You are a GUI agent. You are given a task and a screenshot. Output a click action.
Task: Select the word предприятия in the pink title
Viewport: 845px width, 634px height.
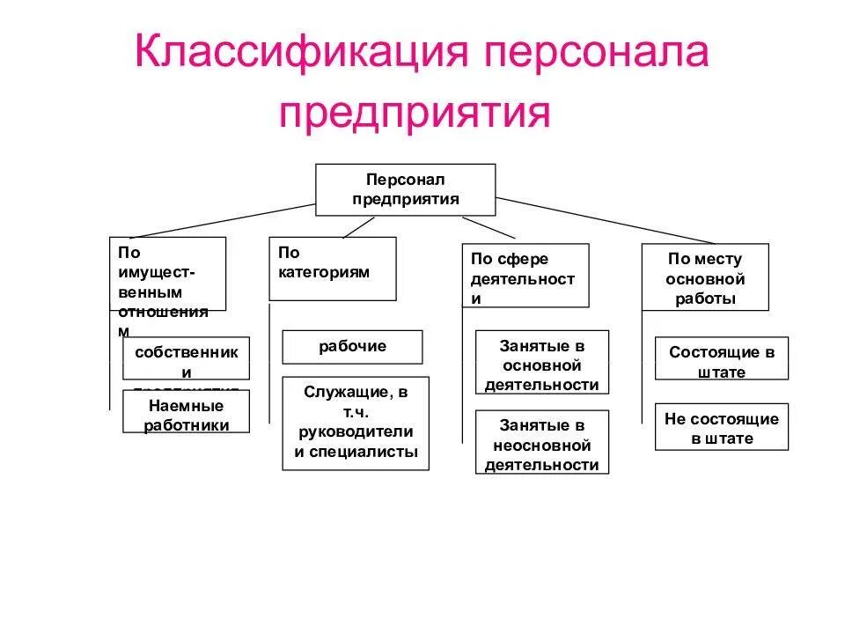[415, 112]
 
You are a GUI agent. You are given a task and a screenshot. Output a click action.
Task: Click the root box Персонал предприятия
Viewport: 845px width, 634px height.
[406, 188]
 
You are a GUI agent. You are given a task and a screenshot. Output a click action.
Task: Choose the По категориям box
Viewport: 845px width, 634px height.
[332, 268]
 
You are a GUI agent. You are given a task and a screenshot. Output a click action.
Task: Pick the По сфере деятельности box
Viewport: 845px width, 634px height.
[525, 276]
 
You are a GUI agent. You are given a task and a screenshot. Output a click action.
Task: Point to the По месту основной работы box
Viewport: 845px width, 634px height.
[704, 277]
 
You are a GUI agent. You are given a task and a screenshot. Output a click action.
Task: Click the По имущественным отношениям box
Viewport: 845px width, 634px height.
[167, 273]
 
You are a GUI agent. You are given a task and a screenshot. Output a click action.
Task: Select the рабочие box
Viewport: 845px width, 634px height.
[352, 346]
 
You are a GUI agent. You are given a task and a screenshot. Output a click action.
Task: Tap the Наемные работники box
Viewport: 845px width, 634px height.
[187, 412]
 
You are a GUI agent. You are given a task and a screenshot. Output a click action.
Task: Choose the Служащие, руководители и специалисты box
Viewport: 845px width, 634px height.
[356, 423]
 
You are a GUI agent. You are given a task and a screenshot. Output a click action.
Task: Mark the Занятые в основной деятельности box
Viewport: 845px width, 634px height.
[542, 362]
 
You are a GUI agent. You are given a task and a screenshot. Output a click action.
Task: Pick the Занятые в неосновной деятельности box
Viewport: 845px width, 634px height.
[542, 442]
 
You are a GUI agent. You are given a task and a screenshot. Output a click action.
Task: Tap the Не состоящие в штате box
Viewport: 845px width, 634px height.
[722, 427]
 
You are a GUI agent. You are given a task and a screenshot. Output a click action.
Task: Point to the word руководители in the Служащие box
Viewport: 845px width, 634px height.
[356, 432]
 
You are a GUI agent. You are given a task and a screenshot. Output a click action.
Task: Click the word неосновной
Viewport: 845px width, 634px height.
[542, 446]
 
